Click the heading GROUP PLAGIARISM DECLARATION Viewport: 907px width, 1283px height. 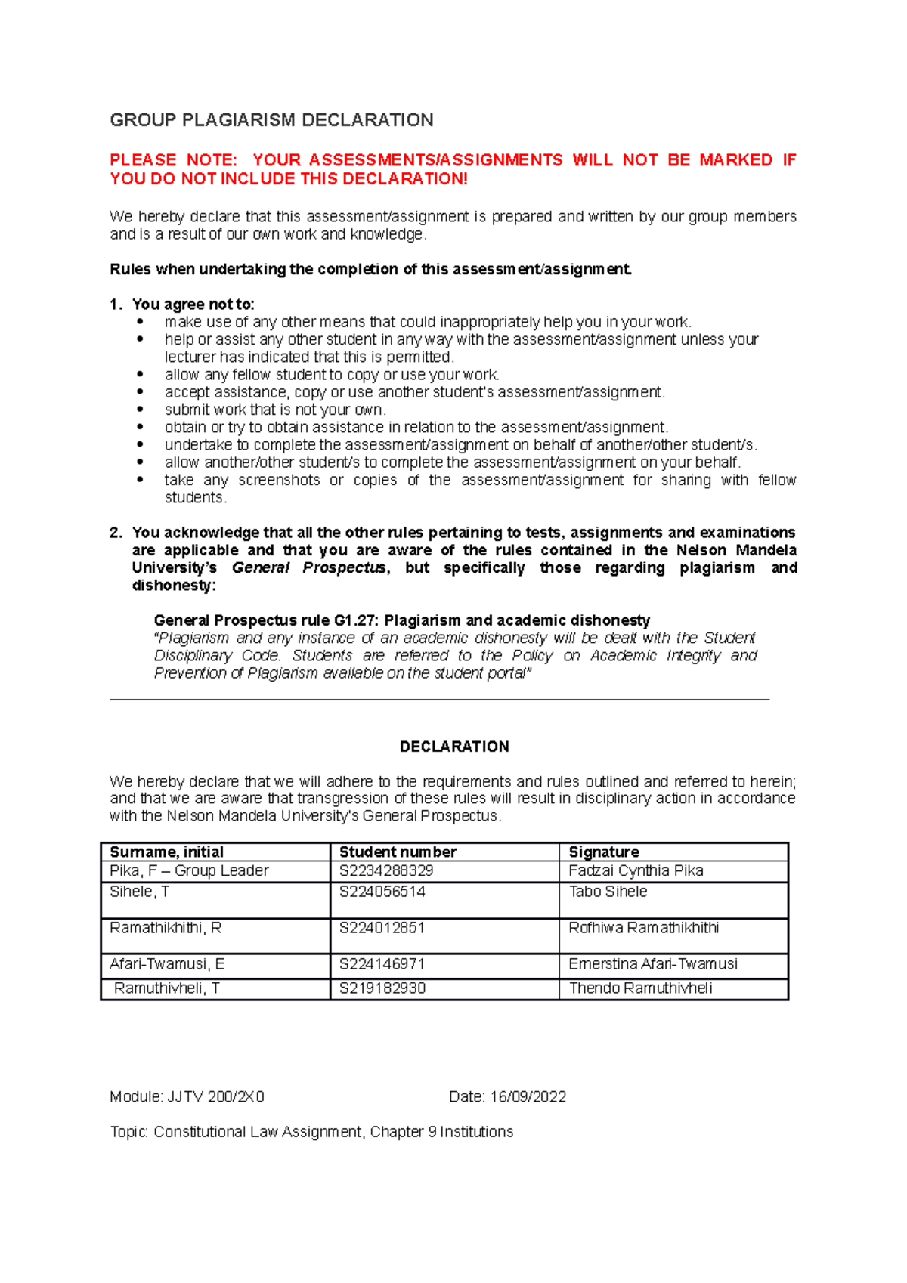pyautogui.click(x=271, y=120)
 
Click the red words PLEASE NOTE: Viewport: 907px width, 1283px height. pyautogui.click(x=173, y=160)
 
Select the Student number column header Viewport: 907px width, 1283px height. pyautogui.click(x=398, y=852)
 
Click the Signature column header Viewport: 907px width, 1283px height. pyautogui.click(x=603, y=852)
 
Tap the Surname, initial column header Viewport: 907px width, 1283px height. pyautogui.click(x=166, y=852)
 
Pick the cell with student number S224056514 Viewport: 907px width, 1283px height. pyautogui.click(x=382, y=892)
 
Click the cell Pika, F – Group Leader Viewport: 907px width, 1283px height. pyautogui.click(x=189, y=870)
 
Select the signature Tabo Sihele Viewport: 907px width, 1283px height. pyautogui.click(x=608, y=892)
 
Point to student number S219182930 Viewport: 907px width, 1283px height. pyautogui.click(x=382, y=988)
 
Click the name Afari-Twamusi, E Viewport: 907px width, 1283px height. pyautogui.click(x=167, y=963)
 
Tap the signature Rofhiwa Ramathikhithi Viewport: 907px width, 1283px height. pyautogui.click(x=643, y=928)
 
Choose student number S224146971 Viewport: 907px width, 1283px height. pyautogui.click(x=382, y=963)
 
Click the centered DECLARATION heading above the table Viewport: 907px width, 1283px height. pyautogui.click(x=453, y=747)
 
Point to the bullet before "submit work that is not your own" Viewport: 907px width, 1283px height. pyautogui.click(x=140, y=410)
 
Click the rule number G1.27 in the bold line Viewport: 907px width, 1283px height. pyautogui.click(x=355, y=620)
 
